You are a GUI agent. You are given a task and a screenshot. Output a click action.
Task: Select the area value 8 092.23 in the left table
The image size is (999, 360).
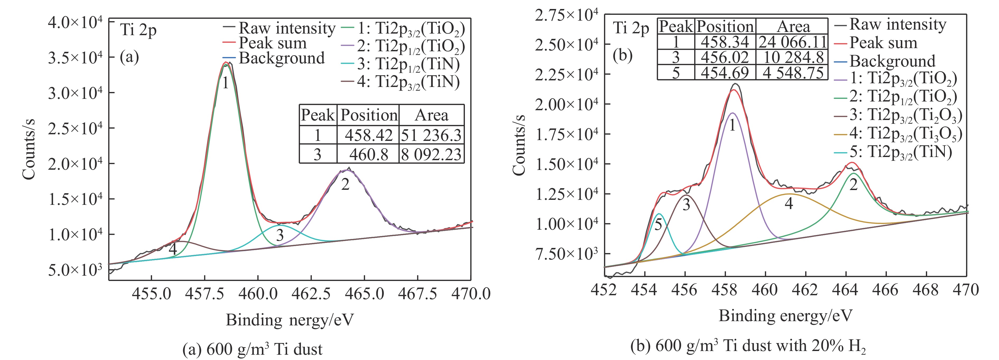pyautogui.click(x=431, y=154)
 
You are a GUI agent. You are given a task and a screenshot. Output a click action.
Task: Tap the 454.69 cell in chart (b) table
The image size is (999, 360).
pyautogui.click(x=725, y=72)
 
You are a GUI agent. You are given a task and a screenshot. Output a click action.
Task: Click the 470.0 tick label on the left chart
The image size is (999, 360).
pyautogui.click(x=471, y=294)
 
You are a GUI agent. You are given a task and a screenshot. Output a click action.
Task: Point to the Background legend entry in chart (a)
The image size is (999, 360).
pyautogui.click(x=281, y=58)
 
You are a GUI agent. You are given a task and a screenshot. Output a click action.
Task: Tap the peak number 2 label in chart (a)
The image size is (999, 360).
pyautogui.click(x=345, y=184)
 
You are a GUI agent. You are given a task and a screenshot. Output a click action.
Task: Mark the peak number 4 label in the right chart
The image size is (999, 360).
pyautogui.click(x=789, y=203)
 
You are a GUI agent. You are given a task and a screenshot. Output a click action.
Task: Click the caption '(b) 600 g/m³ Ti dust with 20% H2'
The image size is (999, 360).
pyautogui.click(x=748, y=346)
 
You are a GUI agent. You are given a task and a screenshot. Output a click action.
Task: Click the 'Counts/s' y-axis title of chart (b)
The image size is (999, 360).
pyautogui.click(x=519, y=144)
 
